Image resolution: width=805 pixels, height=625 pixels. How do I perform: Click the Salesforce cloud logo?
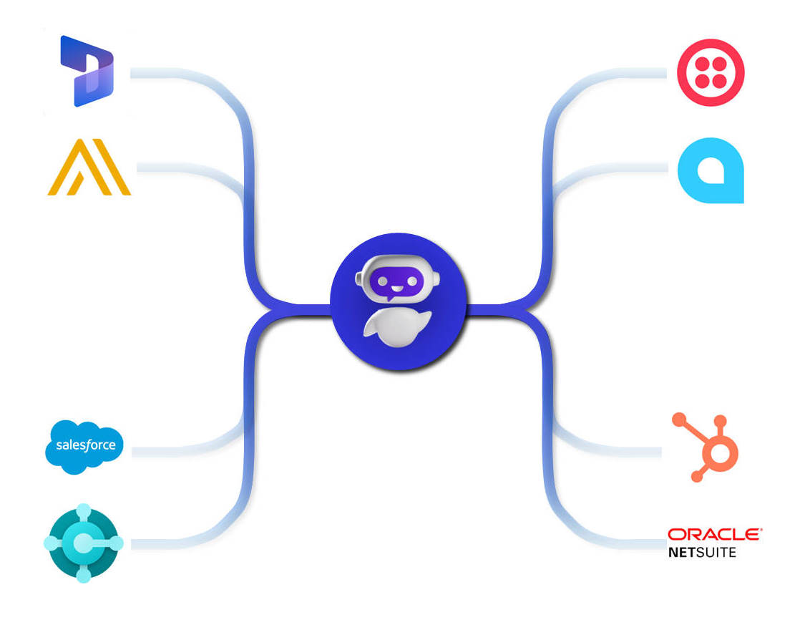tap(84, 446)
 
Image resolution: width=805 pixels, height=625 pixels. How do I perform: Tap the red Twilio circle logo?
tap(711, 72)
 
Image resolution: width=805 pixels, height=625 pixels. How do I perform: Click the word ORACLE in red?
tap(714, 535)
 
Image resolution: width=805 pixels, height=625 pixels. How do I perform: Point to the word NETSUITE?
tap(701, 553)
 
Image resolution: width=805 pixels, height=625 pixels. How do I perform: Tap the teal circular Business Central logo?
tap(84, 543)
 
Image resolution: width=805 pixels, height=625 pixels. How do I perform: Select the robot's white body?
tap(392, 329)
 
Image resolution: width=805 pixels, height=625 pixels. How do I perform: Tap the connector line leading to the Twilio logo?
tap(615, 73)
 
